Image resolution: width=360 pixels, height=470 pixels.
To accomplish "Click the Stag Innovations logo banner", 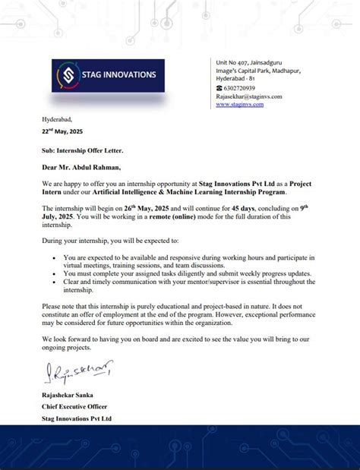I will pos(107,75).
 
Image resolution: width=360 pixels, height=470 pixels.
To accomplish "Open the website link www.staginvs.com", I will pos(239,104).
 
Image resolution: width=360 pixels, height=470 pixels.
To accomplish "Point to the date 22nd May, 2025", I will pos(62,131).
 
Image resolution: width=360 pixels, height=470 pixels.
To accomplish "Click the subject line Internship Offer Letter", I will pos(87,151).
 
